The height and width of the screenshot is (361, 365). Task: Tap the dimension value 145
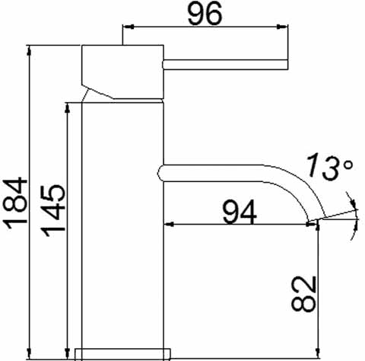pos(54,212)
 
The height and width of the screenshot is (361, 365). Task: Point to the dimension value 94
pos(239,210)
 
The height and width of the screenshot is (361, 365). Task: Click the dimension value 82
pos(303,292)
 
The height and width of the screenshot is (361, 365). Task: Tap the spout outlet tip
pos(318,221)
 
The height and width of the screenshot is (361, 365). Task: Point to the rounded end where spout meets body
pos(161,172)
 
